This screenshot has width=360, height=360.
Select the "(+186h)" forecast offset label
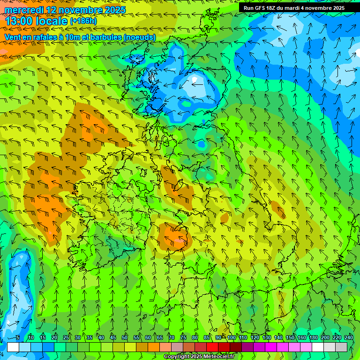(83, 21)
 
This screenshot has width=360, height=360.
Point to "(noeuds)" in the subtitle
(138, 37)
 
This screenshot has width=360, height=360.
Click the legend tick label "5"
(18, 338)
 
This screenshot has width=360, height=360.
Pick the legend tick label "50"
(125, 338)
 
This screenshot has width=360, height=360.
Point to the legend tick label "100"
(232, 338)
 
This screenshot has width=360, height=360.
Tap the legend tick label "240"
(349, 338)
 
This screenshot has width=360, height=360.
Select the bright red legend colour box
(212, 347)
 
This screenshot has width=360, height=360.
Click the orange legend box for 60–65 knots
(154, 347)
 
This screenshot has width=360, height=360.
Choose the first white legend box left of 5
(13, 347)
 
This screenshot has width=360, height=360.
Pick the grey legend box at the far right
(341, 347)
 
